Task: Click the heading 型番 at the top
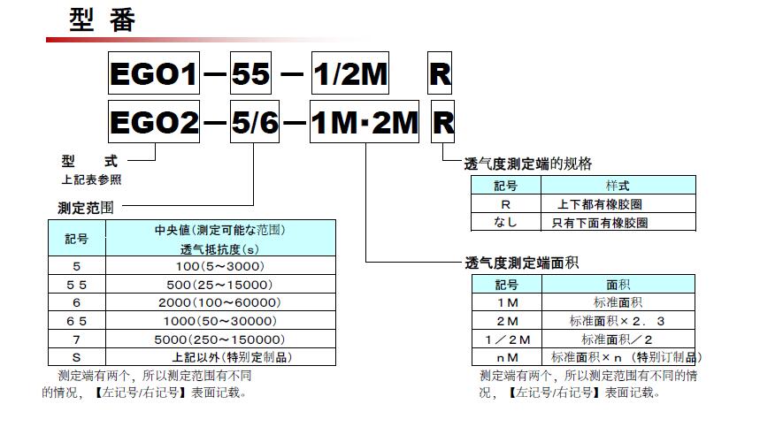(x=103, y=20)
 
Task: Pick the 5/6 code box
(x=255, y=123)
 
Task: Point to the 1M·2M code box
(x=365, y=123)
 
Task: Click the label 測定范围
(x=84, y=208)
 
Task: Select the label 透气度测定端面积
(x=522, y=263)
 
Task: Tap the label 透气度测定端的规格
(x=528, y=164)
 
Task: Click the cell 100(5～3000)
(x=221, y=265)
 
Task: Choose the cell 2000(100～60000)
(x=221, y=302)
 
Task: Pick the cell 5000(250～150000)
(x=221, y=339)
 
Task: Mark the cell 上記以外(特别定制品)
(x=221, y=357)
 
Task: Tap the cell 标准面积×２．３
(x=618, y=321)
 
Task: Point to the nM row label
(x=507, y=357)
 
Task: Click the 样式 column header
(x=618, y=186)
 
